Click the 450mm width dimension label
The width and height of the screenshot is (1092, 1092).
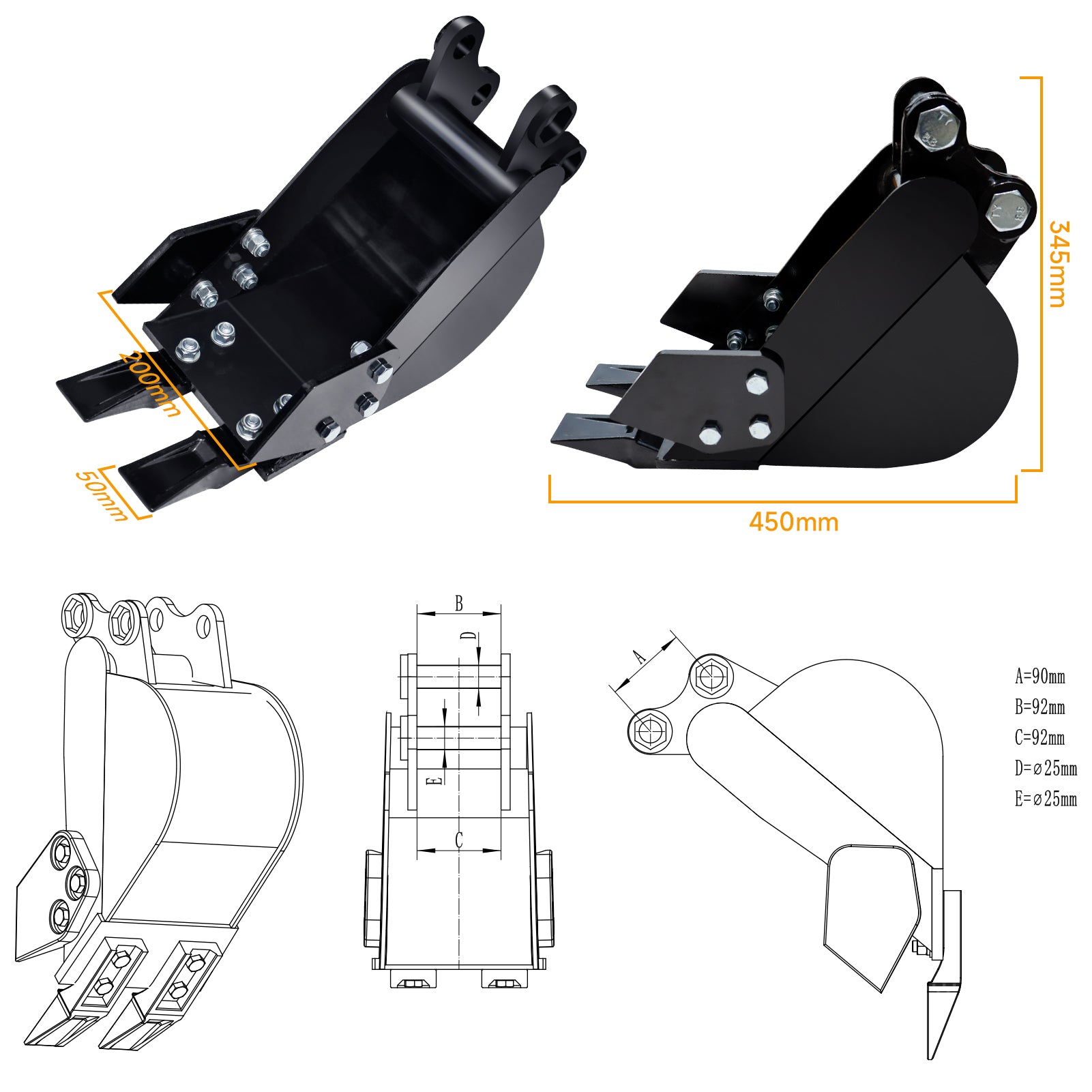pos(793,522)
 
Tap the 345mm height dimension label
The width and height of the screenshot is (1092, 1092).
pos(1057,264)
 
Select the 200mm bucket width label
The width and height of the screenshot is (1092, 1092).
pos(150,383)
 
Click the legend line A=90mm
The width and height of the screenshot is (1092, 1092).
pos(1039,677)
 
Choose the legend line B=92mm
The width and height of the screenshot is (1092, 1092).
pos(1039,707)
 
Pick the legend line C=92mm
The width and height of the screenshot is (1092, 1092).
pos(1039,737)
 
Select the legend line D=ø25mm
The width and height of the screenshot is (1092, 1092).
pos(1046,769)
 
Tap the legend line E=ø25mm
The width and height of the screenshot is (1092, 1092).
pos(1046,799)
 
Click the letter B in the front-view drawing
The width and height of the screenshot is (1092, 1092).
pos(459,603)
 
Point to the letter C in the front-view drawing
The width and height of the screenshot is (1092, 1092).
pos(459,840)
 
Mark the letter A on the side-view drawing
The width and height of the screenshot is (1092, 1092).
pos(639,657)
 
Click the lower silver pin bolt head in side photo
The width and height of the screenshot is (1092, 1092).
pos(1007,209)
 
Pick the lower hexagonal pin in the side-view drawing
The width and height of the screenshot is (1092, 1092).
pos(649,731)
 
